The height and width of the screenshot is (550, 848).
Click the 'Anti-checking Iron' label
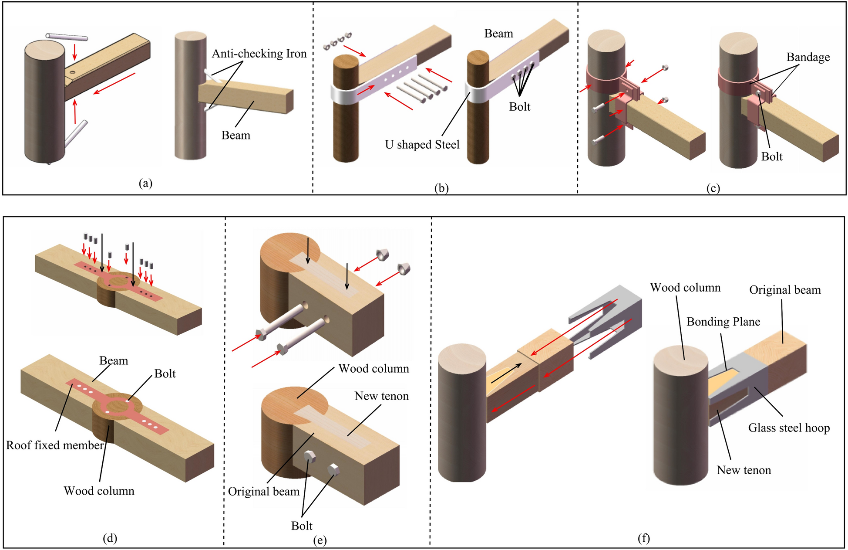click(259, 54)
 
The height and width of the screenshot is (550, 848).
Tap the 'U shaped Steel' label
click(422, 145)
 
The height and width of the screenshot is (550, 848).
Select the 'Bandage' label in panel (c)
click(808, 57)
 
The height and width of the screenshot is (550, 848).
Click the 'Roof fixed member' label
click(55, 445)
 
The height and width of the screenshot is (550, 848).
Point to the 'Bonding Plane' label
click(723, 322)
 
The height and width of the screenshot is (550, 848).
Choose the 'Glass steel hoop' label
click(789, 428)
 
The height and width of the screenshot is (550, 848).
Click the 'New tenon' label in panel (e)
click(381, 396)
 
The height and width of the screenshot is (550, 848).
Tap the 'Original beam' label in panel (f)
click(785, 290)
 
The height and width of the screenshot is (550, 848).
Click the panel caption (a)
click(145, 183)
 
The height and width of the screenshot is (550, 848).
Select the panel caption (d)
click(110, 538)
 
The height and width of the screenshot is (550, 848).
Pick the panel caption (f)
click(643, 538)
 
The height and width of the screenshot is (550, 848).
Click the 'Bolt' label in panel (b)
click(520, 107)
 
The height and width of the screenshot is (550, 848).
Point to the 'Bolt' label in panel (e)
click(302, 526)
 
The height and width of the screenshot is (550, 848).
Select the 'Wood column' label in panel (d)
click(99, 491)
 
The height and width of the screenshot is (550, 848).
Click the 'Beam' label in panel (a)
click(236, 135)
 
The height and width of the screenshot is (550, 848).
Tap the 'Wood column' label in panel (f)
click(685, 288)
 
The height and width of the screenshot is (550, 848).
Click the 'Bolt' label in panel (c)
click(771, 156)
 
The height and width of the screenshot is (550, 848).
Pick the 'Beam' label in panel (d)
click(114, 360)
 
